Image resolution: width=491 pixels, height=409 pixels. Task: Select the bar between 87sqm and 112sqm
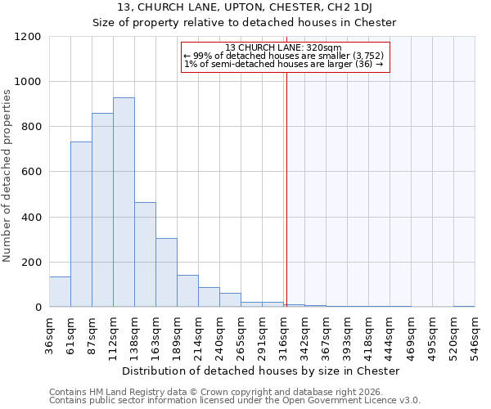click(102, 210)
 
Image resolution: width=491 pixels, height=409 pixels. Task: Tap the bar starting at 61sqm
click(81, 224)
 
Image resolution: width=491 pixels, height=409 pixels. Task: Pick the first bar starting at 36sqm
click(60, 292)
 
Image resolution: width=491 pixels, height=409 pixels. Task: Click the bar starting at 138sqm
click(145, 254)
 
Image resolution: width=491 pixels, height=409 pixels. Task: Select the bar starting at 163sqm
click(166, 272)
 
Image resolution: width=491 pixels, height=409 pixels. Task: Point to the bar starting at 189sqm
click(187, 291)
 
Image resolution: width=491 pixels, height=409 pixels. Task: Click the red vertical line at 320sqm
click(286, 180)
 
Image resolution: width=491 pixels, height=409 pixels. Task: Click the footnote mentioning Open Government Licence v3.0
click(235, 401)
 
